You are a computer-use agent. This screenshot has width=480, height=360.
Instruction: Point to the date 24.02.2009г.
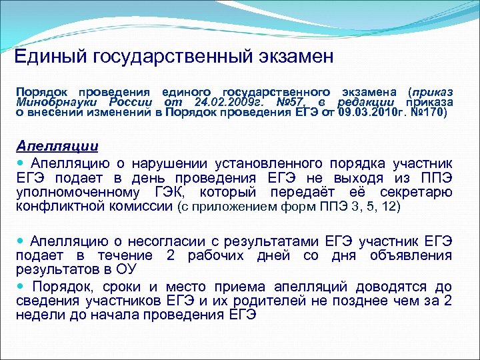coord(226,102)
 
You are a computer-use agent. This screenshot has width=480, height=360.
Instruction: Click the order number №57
coord(289,102)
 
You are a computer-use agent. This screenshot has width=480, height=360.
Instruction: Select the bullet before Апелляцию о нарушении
coord(22,163)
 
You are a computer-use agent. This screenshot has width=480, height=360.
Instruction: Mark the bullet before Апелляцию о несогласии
coord(22,241)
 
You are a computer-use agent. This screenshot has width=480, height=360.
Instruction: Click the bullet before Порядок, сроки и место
coord(22,286)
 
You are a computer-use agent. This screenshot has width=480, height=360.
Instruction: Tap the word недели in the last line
coord(39,316)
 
